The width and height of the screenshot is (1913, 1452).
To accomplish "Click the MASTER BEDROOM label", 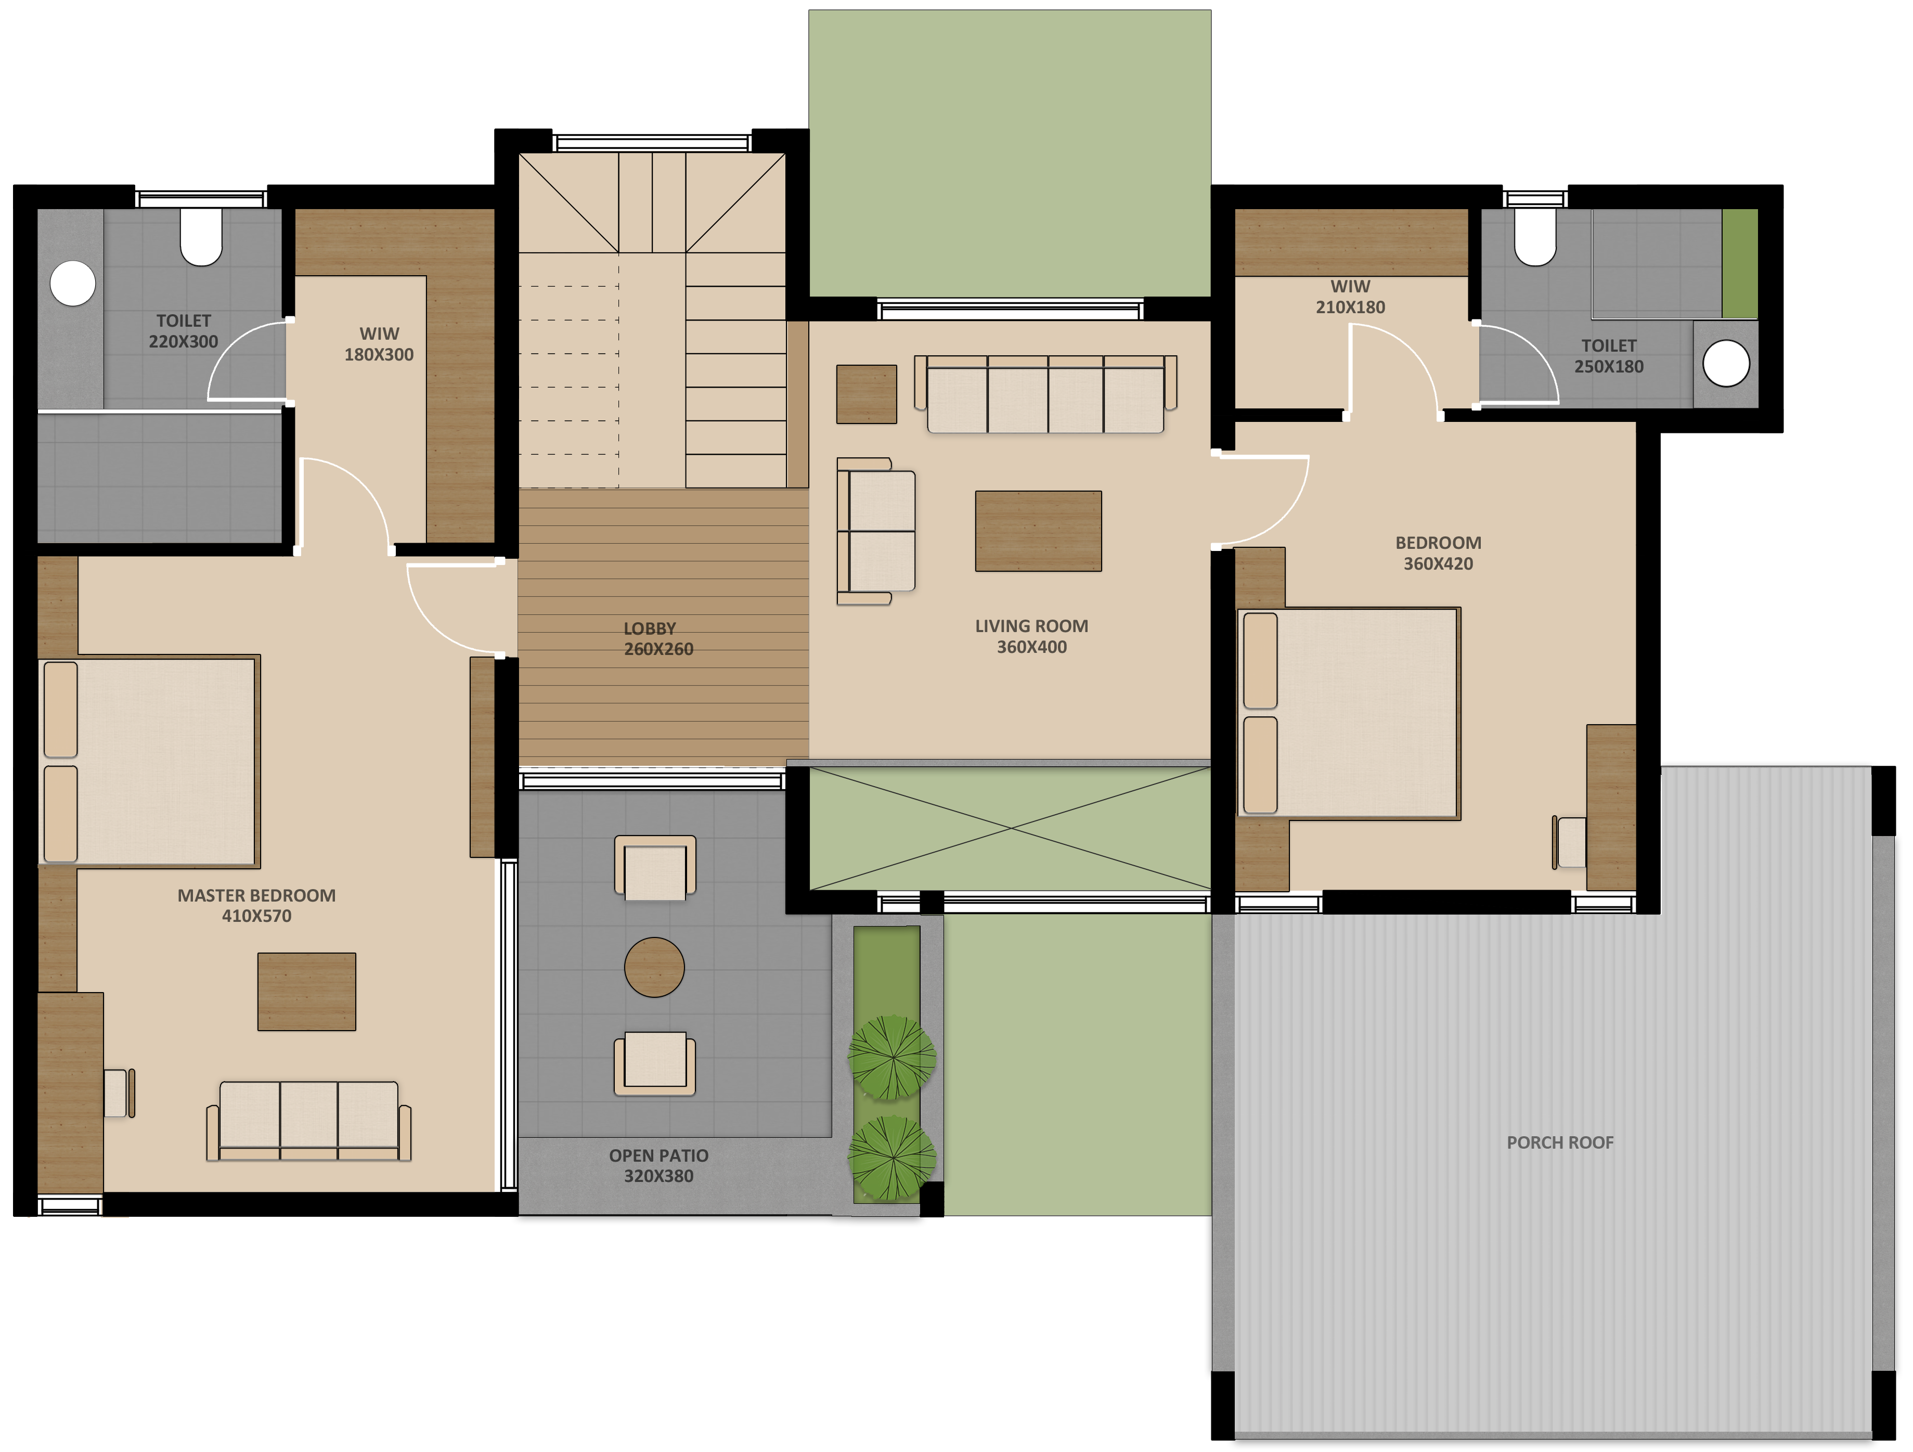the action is tap(257, 895).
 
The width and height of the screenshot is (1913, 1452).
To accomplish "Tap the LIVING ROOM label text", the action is tap(1032, 626).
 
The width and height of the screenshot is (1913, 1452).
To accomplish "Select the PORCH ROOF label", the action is tap(1560, 1142).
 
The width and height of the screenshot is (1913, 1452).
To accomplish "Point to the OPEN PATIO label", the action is tap(659, 1155).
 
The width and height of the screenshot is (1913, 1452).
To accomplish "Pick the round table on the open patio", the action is tap(655, 967).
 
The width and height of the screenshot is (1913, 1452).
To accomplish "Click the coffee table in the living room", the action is tap(1039, 531).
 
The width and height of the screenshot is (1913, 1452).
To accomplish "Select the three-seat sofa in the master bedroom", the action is tap(309, 1120).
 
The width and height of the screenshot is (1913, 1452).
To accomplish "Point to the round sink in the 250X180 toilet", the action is tap(1726, 363).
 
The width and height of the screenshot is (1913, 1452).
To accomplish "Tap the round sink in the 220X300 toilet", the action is tap(73, 283).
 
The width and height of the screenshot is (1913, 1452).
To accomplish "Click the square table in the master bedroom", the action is tap(307, 992).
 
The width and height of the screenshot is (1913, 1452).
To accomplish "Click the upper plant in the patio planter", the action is tap(891, 1057).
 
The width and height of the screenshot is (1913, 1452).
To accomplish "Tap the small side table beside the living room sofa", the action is tap(867, 394).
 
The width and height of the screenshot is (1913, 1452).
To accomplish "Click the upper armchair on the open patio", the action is tap(655, 867).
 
